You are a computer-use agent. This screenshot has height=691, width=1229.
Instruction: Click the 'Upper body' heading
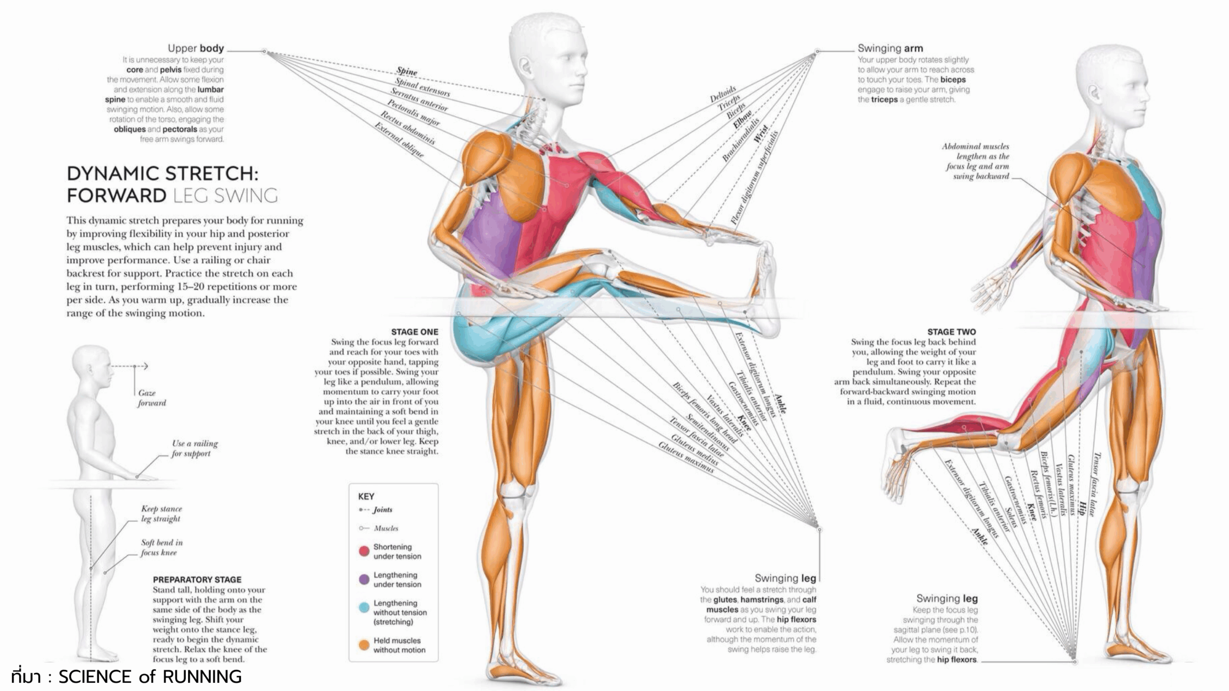click(195, 48)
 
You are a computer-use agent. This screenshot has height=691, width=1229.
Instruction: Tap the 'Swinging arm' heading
click(890, 48)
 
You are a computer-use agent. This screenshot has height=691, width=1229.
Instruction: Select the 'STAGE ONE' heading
click(414, 332)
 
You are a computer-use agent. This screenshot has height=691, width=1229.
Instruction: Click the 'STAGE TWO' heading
click(951, 332)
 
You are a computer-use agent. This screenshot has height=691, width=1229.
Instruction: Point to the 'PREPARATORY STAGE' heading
click(197, 579)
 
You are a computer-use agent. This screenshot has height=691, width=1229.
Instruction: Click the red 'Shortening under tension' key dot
click(364, 551)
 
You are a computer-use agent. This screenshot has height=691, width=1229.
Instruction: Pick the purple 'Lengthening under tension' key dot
click(364, 579)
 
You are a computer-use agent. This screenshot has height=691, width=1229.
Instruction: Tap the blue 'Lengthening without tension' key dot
click(364, 608)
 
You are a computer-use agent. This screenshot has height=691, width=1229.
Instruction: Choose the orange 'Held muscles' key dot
click(364, 645)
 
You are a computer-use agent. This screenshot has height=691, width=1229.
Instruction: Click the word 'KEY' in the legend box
click(366, 496)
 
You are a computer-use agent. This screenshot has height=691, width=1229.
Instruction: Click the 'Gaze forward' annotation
click(152, 398)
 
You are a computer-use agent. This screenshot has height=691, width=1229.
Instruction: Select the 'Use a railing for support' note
click(194, 448)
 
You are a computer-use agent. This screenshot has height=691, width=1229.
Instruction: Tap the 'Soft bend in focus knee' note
click(161, 547)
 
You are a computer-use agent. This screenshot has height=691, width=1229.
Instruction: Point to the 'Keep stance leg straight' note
click(161, 513)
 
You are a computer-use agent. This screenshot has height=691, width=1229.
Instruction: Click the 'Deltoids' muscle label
click(723, 94)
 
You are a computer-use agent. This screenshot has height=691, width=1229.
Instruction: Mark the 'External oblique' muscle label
click(399, 140)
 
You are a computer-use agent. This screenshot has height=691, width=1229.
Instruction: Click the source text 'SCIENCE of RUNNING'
click(150, 677)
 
